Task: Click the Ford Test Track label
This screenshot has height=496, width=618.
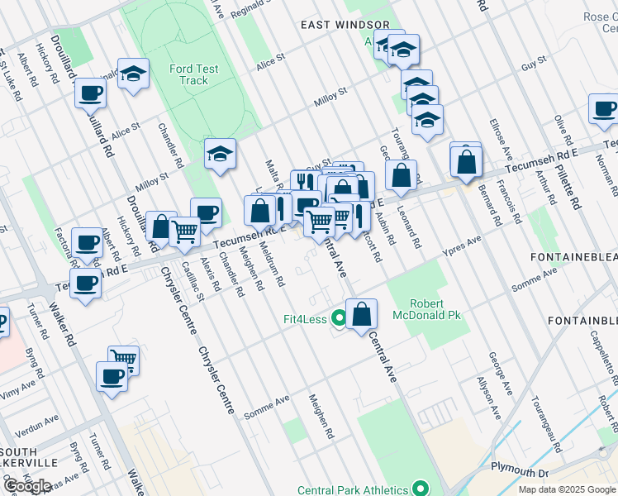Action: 193,74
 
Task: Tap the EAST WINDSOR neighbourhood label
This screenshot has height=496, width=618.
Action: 334,25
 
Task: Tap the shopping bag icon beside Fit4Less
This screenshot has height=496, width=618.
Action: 362,315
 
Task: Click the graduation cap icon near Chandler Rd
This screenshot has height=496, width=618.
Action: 221,153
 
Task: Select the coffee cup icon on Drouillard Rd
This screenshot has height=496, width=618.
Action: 91,93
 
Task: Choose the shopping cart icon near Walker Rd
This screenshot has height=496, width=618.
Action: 124,360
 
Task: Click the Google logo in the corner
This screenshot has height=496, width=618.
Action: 27,486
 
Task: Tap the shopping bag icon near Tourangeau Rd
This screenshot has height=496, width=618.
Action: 401,175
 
